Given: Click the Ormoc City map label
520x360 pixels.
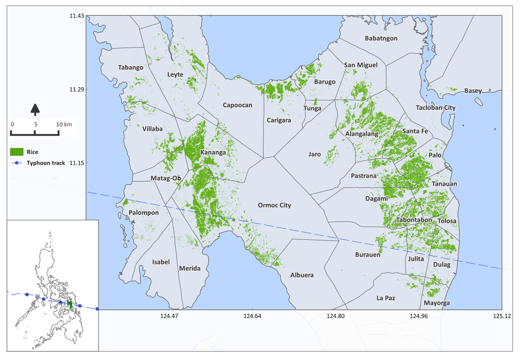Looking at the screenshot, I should [x=274, y=205].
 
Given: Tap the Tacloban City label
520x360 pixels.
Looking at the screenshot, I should [x=436, y=108].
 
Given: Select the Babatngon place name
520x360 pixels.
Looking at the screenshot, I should [x=381, y=38].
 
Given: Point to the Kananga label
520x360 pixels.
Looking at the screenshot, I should [x=213, y=152].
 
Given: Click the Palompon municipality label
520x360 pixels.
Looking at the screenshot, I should [x=144, y=213].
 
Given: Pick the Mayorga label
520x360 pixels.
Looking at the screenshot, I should [x=436, y=303].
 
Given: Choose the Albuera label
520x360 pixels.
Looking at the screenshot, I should [x=302, y=275].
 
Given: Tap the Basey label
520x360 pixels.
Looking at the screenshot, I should [x=473, y=91].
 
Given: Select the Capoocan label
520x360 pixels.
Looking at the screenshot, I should [x=237, y=105].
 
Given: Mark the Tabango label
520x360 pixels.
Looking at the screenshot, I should [x=131, y=67].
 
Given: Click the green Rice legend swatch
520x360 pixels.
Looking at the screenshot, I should [x=18, y=151].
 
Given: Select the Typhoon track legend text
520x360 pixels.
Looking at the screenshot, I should [x=46, y=163].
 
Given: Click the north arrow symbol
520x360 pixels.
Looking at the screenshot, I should [x=35, y=109].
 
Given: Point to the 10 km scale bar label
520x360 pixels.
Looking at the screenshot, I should [x=64, y=124].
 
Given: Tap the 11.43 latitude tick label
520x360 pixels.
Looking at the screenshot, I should [x=77, y=16].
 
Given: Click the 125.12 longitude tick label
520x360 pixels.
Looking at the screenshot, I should [x=501, y=316].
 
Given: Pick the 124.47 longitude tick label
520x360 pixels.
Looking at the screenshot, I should [x=169, y=316].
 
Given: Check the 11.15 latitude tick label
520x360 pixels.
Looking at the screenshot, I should [x=77, y=163].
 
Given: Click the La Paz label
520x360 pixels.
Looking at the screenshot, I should [x=386, y=298].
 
